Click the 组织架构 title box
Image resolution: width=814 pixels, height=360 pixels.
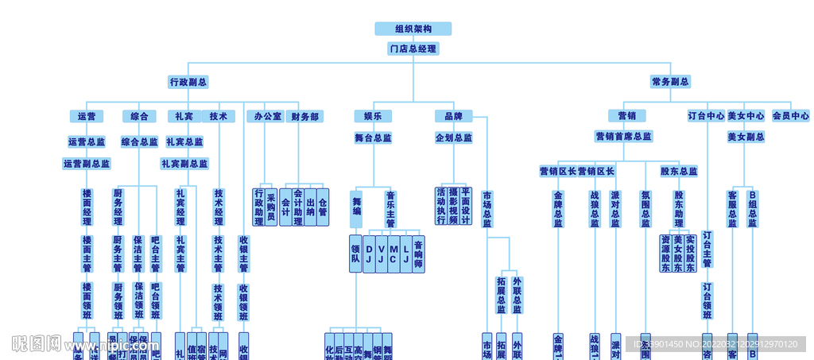pyautogui.click(x=413, y=29)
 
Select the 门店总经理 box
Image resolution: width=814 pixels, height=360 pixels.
pyautogui.click(x=413, y=48)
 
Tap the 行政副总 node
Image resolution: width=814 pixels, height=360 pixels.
pyautogui.click(x=188, y=82)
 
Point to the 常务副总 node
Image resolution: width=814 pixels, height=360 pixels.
pyautogui.click(x=670, y=82)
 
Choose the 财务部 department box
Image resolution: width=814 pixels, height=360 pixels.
pyautogui.click(x=304, y=116)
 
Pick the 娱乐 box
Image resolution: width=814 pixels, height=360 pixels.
pyautogui.click(x=372, y=116)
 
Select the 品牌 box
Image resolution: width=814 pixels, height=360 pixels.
pyautogui.click(x=453, y=116)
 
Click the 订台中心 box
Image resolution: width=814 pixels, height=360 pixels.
pyautogui.click(x=706, y=116)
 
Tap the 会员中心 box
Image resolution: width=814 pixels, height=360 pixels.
pyautogui.click(x=790, y=116)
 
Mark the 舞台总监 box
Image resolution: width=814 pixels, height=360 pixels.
pyautogui.click(x=372, y=137)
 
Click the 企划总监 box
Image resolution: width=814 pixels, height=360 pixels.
pyautogui.click(x=453, y=137)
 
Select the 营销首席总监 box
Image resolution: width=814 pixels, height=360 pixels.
pyautogui.click(x=624, y=137)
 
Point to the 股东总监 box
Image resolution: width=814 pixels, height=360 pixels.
pyautogui.click(x=678, y=171)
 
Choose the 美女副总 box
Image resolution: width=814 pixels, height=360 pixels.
pyautogui.click(x=746, y=137)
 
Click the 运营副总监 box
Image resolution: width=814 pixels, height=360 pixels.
pyautogui.click(x=87, y=164)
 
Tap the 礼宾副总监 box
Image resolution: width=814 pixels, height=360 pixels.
pyautogui.click(x=184, y=164)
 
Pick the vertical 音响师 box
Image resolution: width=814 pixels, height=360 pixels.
pyautogui.click(x=418, y=254)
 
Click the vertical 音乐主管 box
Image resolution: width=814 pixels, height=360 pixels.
pyautogui.click(x=390, y=209)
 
